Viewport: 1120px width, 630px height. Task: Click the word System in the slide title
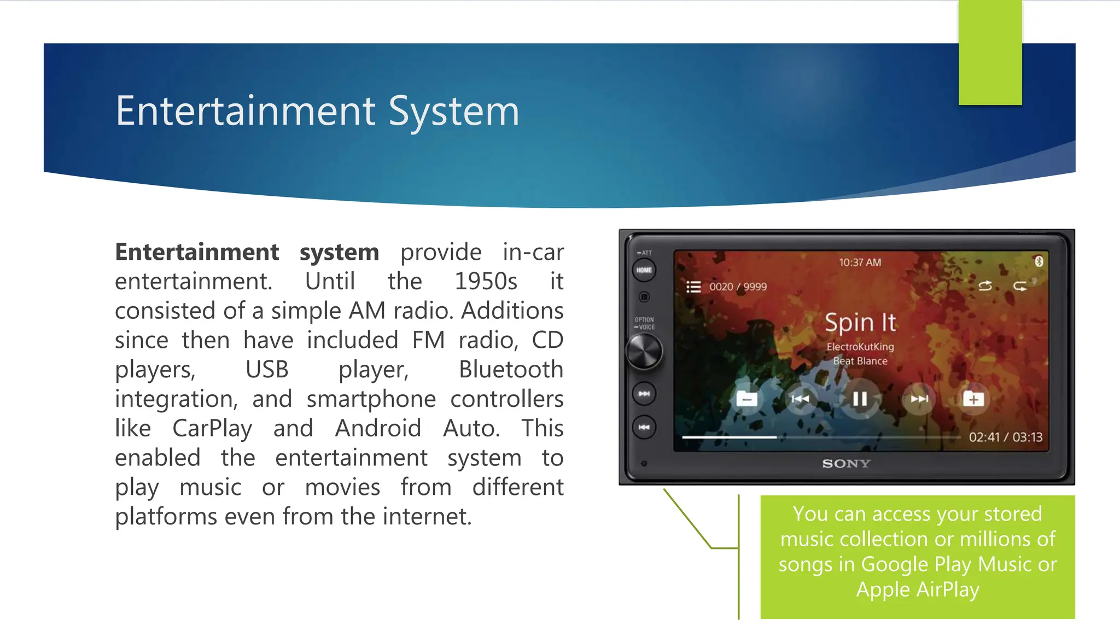pyautogui.click(x=453, y=112)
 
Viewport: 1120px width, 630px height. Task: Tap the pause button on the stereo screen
pyautogui.click(x=860, y=399)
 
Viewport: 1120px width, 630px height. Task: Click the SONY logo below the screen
pyautogui.click(x=846, y=464)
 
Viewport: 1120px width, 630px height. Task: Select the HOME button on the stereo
pyautogui.click(x=644, y=270)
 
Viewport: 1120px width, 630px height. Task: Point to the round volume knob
pyautogui.click(x=644, y=351)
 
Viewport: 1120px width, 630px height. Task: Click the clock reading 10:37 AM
pyautogui.click(x=860, y=262)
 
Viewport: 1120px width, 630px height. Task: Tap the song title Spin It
pyautogui.click(x=860, y=323)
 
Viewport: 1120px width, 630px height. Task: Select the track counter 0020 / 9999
pyautogui.click(x=738, y=287)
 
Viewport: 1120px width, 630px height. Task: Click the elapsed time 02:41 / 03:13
pyautogui.click(x=1005, y=437)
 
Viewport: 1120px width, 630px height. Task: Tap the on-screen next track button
pyautogui.click(x=919, y=399)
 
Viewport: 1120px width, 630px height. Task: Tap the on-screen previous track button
pyautogui.click(x=800, y=399)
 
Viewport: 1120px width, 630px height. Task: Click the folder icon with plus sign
pyautogui.click(x=973, y=399)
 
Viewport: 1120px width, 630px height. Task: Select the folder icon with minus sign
pyautogui.click(x=746, y=399)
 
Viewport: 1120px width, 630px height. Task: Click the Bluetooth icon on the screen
pyautogui.click(x=1039, y=261)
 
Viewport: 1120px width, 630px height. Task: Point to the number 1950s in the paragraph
pyautogui.click(x=486, y=282)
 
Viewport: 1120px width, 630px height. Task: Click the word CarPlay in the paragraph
pyautogui.click(x=212, y=428)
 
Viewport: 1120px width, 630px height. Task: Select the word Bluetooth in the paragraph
pyautogui.click(x=511, y=370)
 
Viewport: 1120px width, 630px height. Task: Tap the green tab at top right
pyautogui.click(x=990, y=52)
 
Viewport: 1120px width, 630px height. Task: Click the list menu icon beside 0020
pyautogui.click(x=693, y=287)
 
